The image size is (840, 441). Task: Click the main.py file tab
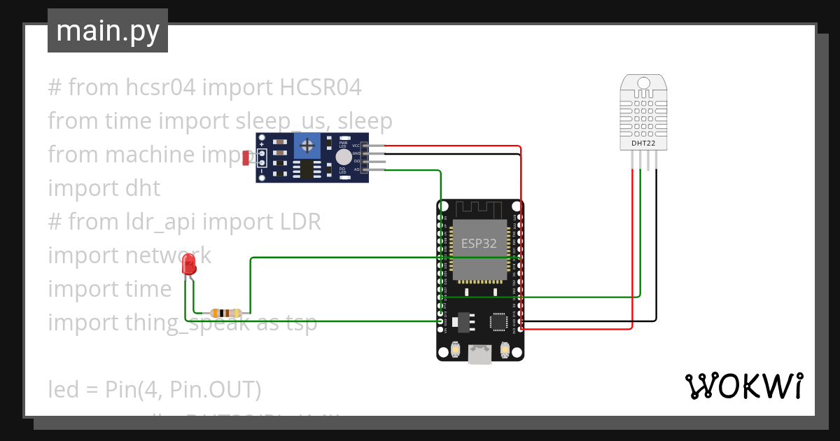pos(107,31)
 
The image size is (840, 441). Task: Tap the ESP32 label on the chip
pos(479,244)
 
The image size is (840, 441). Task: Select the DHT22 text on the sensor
pos(643,143)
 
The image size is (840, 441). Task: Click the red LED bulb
pos(188,265)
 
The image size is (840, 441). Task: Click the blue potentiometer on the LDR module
pos(307,146)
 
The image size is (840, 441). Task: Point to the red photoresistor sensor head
pos(246,158)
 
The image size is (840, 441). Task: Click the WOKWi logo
pos(743,386)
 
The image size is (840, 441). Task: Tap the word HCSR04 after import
pos(321,88)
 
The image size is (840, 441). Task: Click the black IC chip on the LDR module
pos(305,170)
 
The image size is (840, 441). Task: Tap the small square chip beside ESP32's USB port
pos(498,322)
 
